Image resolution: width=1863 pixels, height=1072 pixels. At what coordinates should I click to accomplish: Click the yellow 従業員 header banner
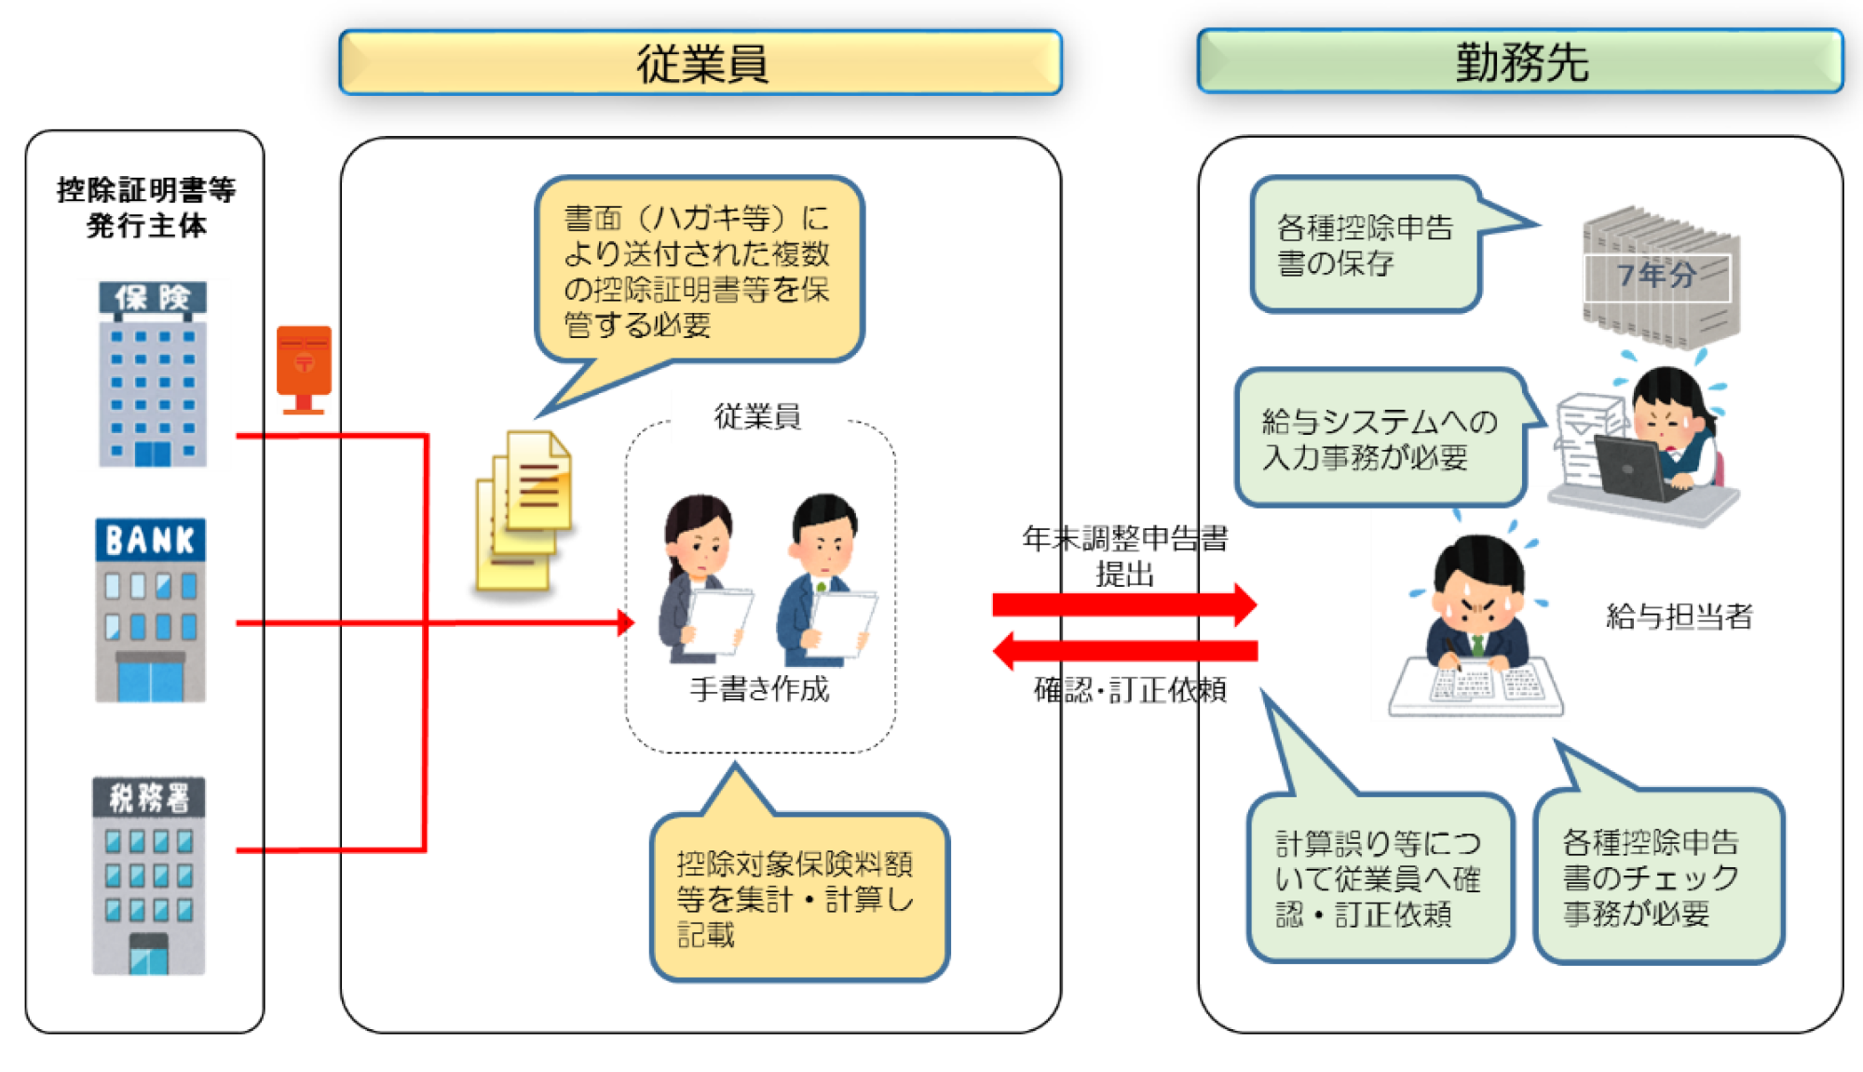point(700,62)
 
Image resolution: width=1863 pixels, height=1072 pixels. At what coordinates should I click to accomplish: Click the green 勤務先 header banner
point(1520,61)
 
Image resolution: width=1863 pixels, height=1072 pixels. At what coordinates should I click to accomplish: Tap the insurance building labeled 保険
point(153,373)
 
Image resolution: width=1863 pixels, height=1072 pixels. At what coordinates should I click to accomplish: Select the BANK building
point(150,610)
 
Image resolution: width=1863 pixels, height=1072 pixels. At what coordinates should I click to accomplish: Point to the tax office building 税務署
point(149,876)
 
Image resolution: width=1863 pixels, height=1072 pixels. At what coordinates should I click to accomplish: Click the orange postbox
point(304,370)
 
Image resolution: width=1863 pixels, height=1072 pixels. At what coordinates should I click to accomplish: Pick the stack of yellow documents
point(524,511)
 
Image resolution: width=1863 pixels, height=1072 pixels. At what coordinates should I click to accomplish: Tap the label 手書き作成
point(759,689)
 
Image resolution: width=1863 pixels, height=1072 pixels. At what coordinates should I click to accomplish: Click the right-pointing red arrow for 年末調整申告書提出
point(1124,604)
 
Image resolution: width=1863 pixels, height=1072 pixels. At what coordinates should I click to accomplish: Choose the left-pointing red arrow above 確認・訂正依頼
point(1125,650)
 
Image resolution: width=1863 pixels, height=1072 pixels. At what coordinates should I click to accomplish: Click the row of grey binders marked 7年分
point(1661,277)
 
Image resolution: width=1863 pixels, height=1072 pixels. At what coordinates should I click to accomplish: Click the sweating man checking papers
point(1476,626)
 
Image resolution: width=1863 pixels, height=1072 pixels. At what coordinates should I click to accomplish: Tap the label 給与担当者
point(1679,617)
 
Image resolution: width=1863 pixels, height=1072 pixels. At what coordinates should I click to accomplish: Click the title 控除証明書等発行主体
point(146,207)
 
